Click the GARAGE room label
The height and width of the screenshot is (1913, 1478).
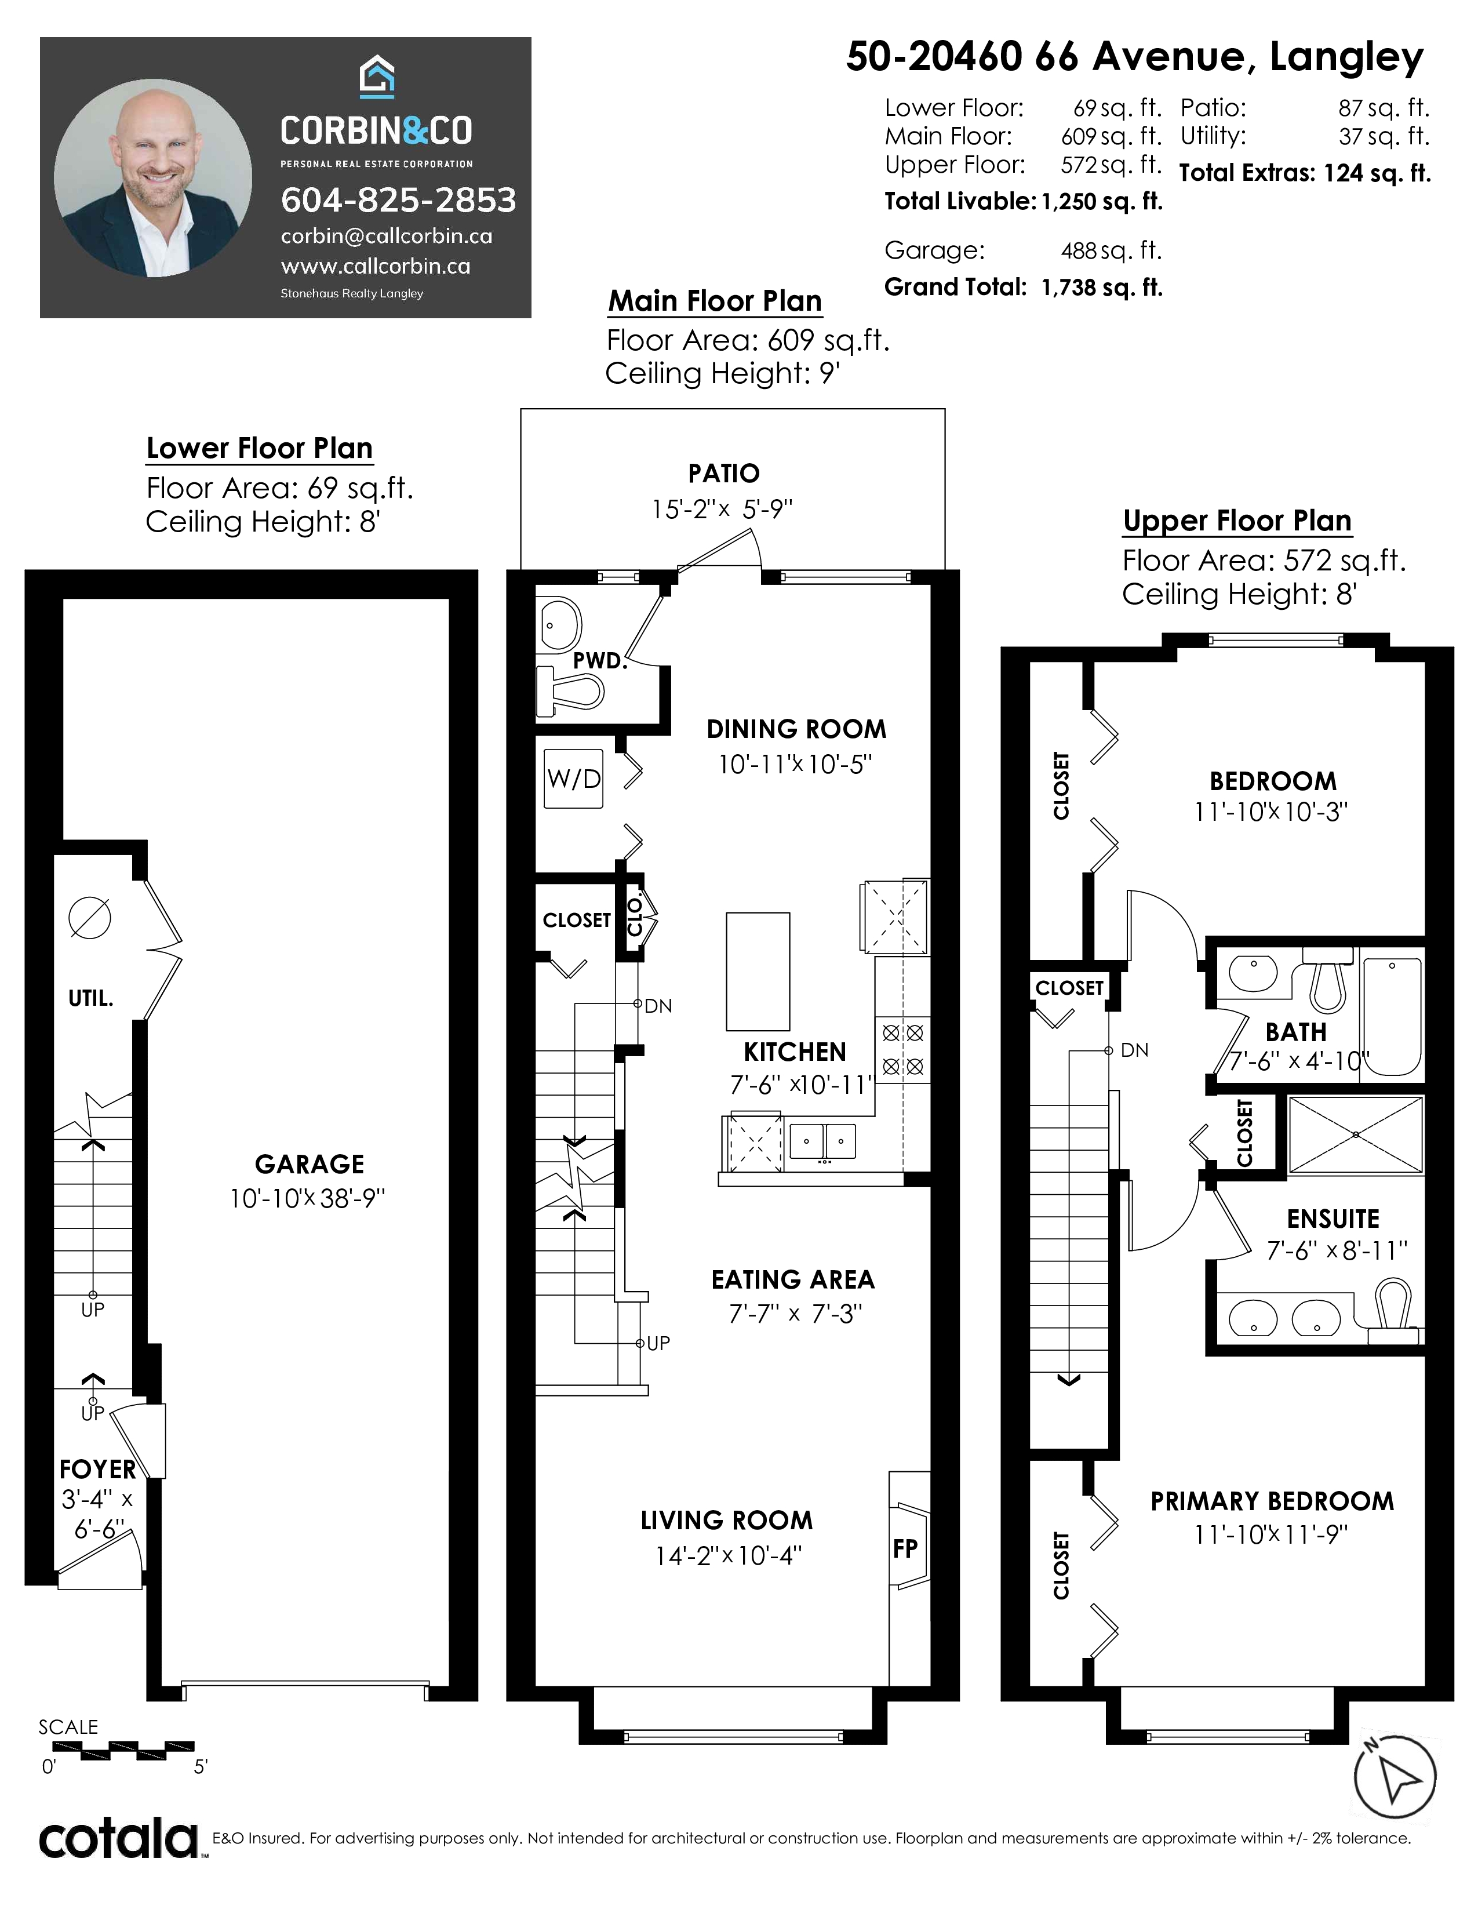pyautogui.click(x=309, y=1164)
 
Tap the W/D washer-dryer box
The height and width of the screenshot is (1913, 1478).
pyautogui.click(x=573, y=779)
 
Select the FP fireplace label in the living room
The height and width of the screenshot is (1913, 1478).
pyautogui.click(x=905, y=1548)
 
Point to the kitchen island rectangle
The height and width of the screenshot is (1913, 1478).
pyautogui.click(x=758, y=972)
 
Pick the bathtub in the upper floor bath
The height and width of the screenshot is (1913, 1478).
pyautogui.click(x=1391, y=1017)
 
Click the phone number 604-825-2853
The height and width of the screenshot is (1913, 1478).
pyautogui.click(x=398, y=201)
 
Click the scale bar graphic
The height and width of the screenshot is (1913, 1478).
pyautogui.click(x=117, y=1751)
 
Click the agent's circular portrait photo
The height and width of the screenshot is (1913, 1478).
pyautogui.click(x=153, y=177)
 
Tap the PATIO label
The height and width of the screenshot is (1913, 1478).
pyautogui.click(x=724, y=474)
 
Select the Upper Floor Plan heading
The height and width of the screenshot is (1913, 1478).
pyautogui.click(x=1237, y=521)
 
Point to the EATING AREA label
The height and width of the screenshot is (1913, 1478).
pyautogui.click(x=793, y=1280)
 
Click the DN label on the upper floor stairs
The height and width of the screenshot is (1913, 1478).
pyautogui.click(x=1135, y=1050)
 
